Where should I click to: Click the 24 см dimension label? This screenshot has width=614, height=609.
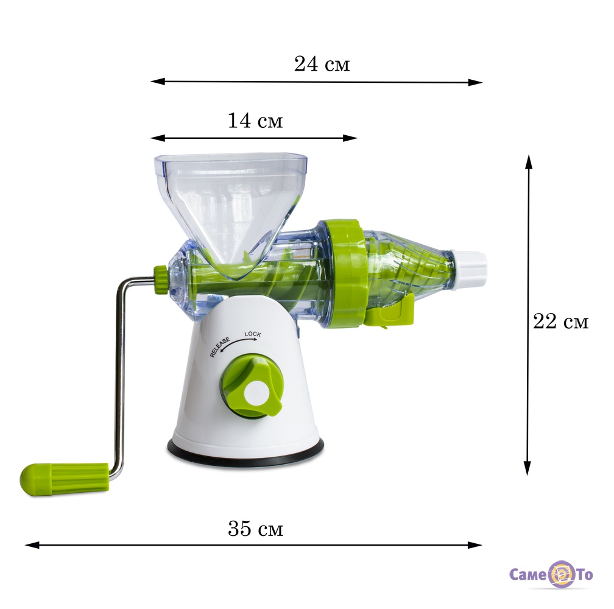[322, 64]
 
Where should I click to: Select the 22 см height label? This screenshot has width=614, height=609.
[561, 322]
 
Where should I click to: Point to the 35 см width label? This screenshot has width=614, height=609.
[255, 528]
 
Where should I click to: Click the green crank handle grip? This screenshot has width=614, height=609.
[65, 479]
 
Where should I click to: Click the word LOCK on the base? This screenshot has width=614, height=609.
[253, 334]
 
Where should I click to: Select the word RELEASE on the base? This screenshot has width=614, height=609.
[220, 347]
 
